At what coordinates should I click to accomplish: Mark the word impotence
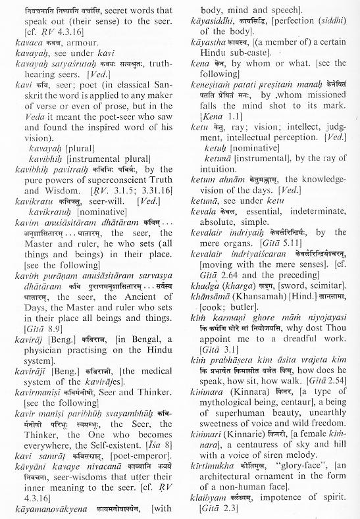point(281,500)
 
